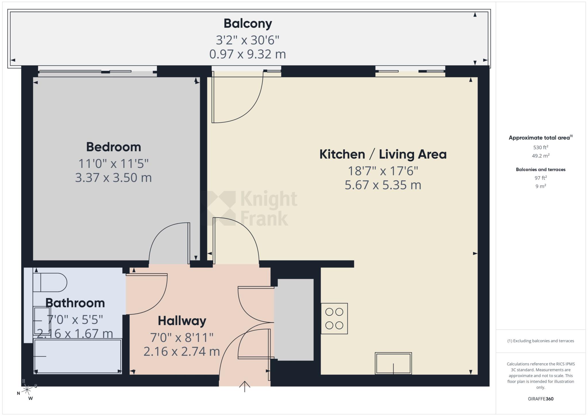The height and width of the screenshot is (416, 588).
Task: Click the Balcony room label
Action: [x=247, y=24]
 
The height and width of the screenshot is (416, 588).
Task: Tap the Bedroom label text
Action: [x=114, y=147]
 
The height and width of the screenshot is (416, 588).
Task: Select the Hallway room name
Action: [x=182, y=321]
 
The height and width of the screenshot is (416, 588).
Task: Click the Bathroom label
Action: [x=75, y=303]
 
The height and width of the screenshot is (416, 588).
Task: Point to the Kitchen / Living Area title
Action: [x=383, y=154]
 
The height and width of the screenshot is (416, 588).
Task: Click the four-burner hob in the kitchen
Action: [x=334, y=318]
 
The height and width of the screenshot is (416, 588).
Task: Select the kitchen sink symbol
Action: [x=393, y=363]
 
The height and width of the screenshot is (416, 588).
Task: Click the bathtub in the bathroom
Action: [x=78, y=356]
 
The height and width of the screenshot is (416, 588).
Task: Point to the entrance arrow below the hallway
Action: [x=245, y=386]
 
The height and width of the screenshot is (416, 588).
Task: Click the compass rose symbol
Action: [x=27, y=390]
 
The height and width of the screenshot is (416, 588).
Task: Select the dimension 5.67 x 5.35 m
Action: [x=383, y=185]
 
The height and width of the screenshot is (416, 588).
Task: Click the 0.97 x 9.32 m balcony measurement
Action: [x=247, y=54]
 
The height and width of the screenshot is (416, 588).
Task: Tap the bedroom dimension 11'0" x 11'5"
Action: [x=114, y=164]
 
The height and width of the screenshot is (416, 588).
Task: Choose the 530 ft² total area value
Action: [x=541, y=147]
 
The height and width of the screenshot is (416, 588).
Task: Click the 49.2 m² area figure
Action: [x=541, y=156]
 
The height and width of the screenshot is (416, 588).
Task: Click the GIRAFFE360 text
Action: [x=541, y=399]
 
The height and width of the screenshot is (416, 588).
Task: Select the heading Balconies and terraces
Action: [x=541, y=169]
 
